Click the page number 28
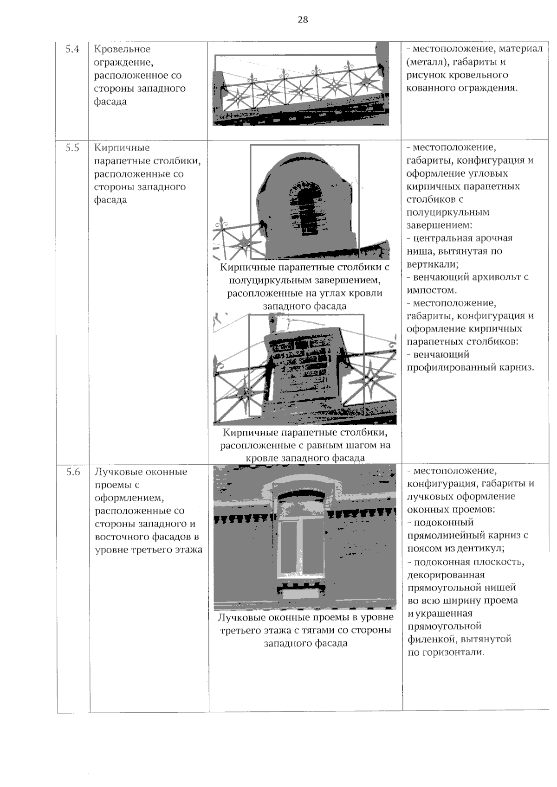302,20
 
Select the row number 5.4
72,49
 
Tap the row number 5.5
72,148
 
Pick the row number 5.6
73,472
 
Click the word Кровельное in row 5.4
122,49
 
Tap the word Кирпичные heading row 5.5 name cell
122,148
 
